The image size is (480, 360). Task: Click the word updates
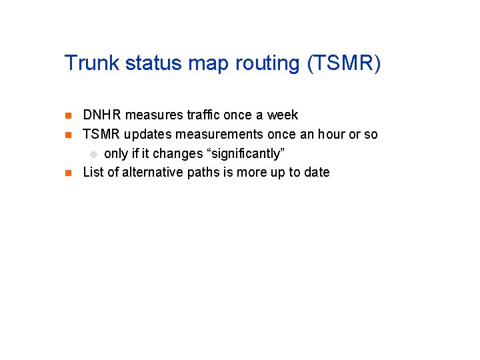point(147,135)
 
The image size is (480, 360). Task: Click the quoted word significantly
point(247,154)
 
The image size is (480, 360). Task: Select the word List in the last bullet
point(93,172)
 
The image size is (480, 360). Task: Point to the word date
point(317,172)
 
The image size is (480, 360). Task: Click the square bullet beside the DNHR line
point(67,116)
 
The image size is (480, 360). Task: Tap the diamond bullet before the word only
point(94,154)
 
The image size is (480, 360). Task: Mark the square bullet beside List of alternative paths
point(67,173)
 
